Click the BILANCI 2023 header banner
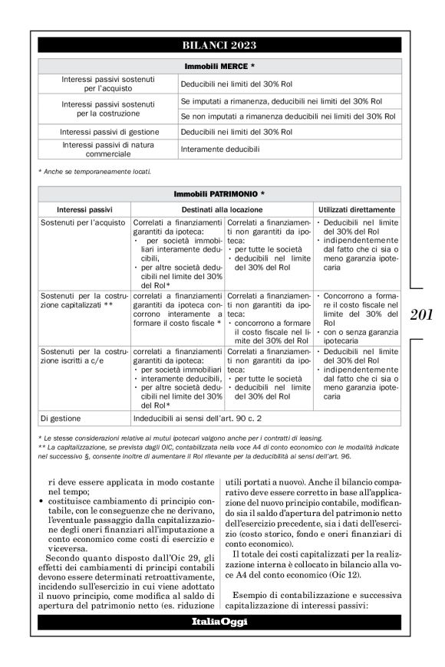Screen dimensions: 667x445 (219, 45)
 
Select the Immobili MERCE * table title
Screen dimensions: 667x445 (219, 66)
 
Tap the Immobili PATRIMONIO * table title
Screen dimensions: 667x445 (219, 195)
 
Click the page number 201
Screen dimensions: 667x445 (422, 313)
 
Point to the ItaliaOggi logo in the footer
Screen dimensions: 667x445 (219, 621)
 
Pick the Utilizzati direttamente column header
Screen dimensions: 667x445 (356, 209)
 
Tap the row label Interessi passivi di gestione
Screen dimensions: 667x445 (109, 132)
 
